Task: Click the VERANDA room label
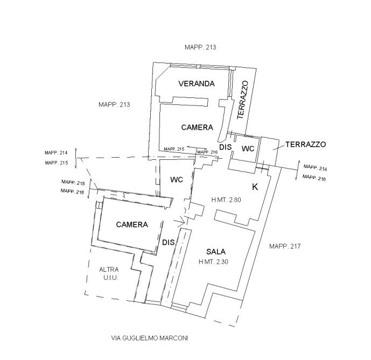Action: pyautogui.click(x=197, y=83)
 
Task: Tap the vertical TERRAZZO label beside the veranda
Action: pyautogui.click(x=243, y=100)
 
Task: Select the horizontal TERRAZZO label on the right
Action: pyautogui.click(x=306, y=144)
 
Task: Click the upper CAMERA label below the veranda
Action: pyautogui.click(x=197, y=128)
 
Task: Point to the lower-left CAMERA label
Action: pyautogui.click(x=132, y=224)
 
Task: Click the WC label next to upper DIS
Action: pyautogui.click(x=248, y=149)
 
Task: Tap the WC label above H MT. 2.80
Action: pyautogui.click(x=177, y=180)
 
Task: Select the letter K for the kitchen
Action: pyautogui.click(x=255, y=187)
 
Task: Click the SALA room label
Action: pyautogui.click(x=216, y=252)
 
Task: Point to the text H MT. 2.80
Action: pyautogui.click(x=226, y=200)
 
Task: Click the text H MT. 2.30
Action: pyautogui.click(x=213, y=262)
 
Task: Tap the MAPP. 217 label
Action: pyautogui.click(x=285, y=246)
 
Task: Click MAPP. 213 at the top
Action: pyautogui.click(x=200, y=47)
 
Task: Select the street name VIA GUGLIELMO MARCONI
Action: pyautogui.click(x=150, y=338)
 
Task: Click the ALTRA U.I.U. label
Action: pyautogui.click(x=109, y=273)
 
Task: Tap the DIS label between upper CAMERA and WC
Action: pyautogui.click(x=225, y=147)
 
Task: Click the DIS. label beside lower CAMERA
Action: pyautogui.click(x=169, y=243)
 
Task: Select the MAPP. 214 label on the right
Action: pyautogui.click(x=315, y=168)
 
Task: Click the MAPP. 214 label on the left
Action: pyautogui.click(x=56, y=153)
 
